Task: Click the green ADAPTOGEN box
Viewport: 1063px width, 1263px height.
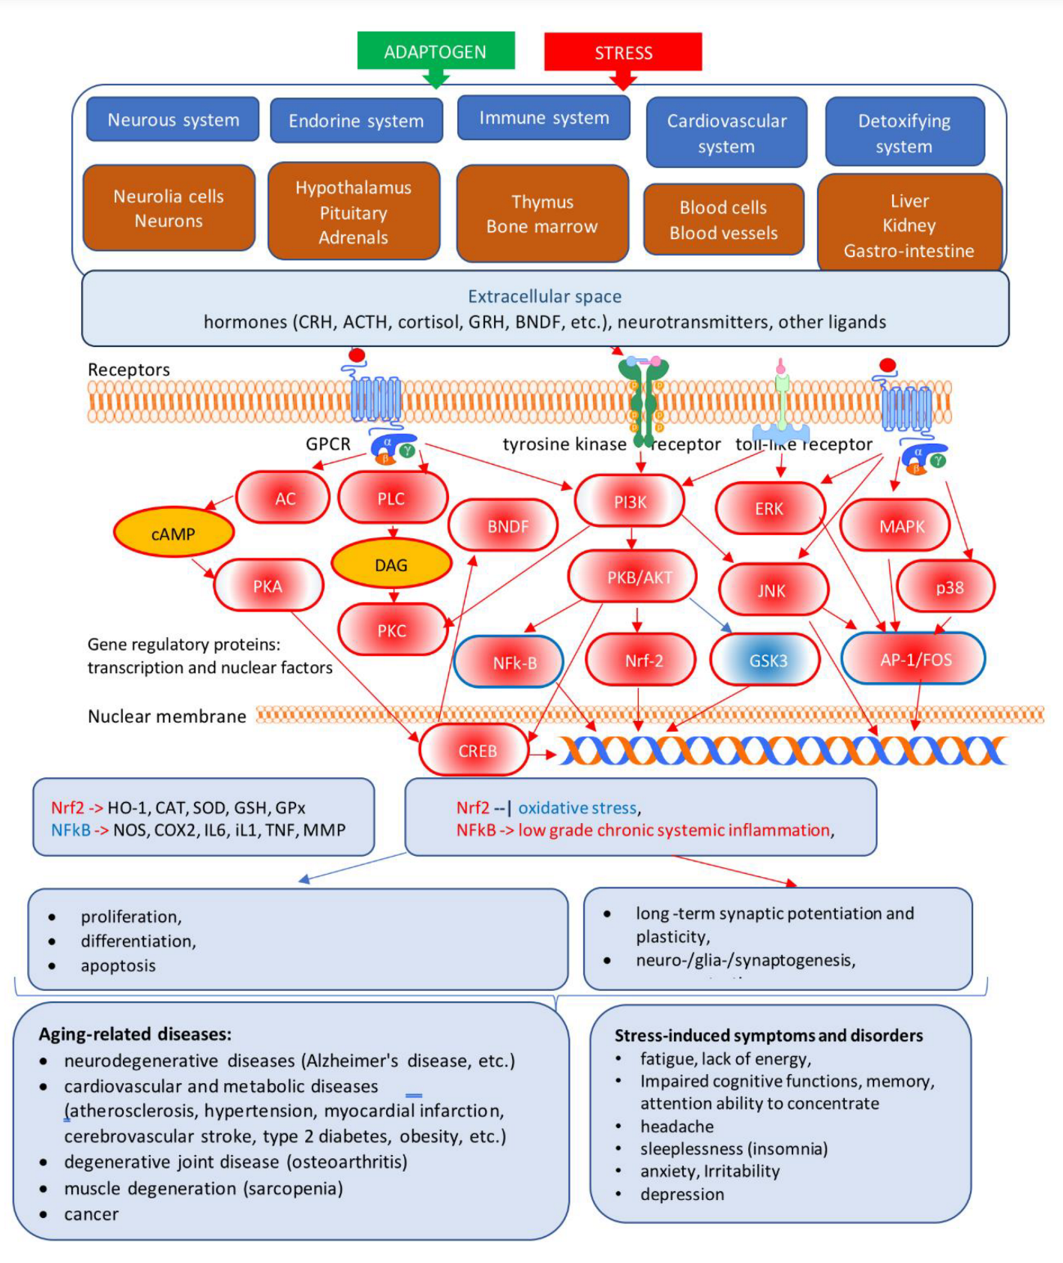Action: pos(436,51)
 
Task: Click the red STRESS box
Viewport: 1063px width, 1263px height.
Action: pos(623,52)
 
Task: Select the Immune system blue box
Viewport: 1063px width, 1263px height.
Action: pos(543,118)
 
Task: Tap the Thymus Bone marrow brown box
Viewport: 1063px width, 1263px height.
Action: pos(542,214)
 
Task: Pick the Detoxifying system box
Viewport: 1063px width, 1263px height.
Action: pos(904,133)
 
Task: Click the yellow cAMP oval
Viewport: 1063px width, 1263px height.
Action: pos(173,534)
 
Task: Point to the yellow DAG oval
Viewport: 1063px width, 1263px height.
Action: pos(391,565)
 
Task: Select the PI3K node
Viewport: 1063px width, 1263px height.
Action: pos(630,502)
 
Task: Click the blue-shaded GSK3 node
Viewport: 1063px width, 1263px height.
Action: pos(766,660)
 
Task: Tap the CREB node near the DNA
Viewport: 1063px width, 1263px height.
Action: pos(476,750)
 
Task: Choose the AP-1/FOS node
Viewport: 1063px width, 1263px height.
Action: pos(915,660)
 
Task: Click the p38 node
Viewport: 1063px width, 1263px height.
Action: pos(948,588)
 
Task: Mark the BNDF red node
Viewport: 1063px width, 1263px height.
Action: pos(507,526)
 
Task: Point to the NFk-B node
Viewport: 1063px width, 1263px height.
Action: pos(513,663)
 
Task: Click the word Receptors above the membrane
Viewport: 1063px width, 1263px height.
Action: pos(129,370)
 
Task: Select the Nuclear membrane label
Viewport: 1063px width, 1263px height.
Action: pos(166,717)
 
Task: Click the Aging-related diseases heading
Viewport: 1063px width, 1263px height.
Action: pos(135,1034)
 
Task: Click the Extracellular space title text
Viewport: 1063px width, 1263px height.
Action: pos(544,297)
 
